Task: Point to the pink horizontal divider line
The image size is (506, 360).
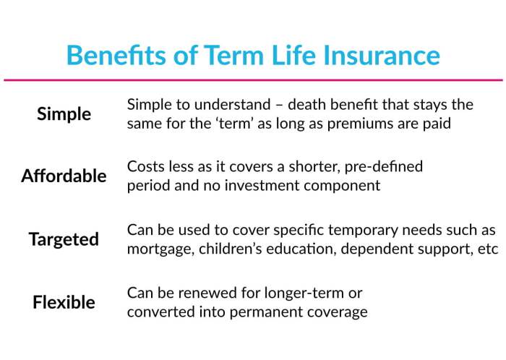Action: [253, 80]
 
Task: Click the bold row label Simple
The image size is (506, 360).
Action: [64, 114]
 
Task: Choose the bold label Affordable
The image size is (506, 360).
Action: [64, 176]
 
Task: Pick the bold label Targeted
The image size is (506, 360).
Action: [64, 239]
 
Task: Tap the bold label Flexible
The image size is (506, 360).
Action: [64, 302]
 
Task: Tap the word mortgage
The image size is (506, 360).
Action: [158, 249]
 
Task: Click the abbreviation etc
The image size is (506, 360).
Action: [488, 249]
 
